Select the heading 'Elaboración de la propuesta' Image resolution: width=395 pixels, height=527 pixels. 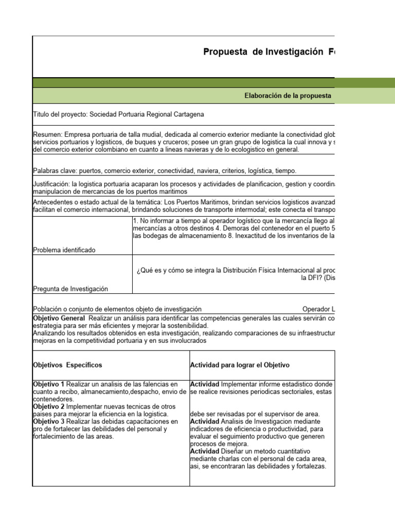pos(287,96)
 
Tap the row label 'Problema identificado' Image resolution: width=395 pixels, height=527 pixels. pos(64,250)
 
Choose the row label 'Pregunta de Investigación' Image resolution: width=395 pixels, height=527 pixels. pos(70,289)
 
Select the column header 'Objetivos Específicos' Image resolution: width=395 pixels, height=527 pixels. pos(67,365)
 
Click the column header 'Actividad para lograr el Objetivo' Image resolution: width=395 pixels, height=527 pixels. pos(240,365)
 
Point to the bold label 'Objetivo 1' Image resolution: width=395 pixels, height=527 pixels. pos(49,384)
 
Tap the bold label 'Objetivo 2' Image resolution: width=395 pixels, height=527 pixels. pos(49,407)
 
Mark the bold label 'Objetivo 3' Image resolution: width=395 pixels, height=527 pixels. pos(49,421)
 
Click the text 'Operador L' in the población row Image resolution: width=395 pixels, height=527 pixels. pos(318,309)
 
